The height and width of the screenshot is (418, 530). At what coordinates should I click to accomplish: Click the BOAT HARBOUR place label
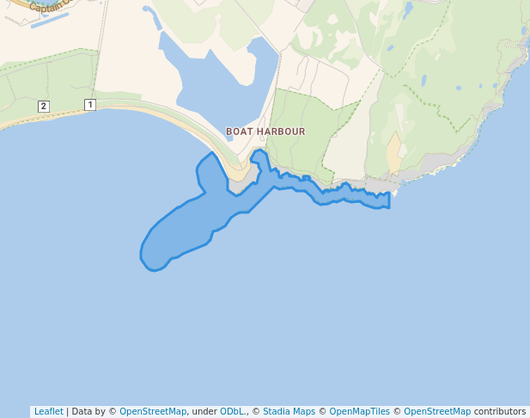(x=265, y=132)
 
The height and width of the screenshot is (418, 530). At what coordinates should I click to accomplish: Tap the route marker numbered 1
(x=89, y=104)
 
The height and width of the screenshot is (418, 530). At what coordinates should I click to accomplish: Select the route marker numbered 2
(x=44, y=106)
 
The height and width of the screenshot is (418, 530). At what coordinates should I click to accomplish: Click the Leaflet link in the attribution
(x=48, y=411)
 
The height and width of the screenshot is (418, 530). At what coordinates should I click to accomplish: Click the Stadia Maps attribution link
(x=289, y=411)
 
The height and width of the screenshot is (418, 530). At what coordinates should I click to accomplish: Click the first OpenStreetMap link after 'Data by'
(x=153, y=411)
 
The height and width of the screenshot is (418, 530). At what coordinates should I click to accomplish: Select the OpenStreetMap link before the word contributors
(x=437, y=411)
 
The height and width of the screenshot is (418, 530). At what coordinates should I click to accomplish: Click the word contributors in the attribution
(x=499, y=411)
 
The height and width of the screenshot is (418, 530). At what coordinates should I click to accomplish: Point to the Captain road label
(x=46, y=7)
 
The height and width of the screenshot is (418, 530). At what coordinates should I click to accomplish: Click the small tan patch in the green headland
(x=394, y=154)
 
